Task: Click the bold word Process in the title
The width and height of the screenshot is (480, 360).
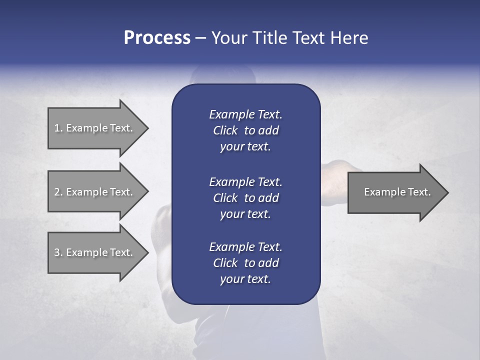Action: (157, 38)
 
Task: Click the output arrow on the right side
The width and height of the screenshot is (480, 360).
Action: (395, 192)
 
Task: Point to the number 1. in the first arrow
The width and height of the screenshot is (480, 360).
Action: (58, 128)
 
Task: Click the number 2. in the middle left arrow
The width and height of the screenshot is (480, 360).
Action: (58, 192)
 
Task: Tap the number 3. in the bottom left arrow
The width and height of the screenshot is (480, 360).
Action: (58, 252)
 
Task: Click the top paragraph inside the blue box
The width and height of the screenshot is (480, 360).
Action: (245, 130)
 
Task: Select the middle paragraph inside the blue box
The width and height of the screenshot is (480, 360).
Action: (245, 197)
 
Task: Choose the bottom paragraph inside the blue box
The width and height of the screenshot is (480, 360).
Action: (245, 263)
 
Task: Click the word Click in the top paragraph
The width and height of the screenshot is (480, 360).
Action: (225, 130)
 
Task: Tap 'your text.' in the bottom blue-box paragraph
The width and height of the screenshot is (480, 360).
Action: (245, 279)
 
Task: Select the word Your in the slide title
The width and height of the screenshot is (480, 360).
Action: (227, 38)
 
